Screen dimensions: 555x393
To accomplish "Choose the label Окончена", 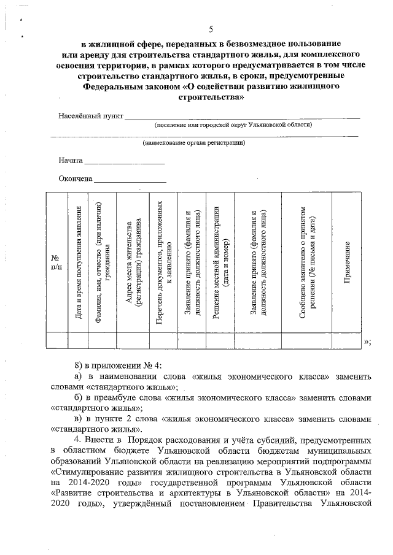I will click(x=76, y=179).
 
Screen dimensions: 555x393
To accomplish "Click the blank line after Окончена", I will click(x=130, y=180).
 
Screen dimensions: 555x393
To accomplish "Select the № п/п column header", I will click(x=55, y=262).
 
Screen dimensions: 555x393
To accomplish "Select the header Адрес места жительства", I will click(x=133, y=262).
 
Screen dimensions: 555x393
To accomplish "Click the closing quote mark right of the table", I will click(x=367, y=342).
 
